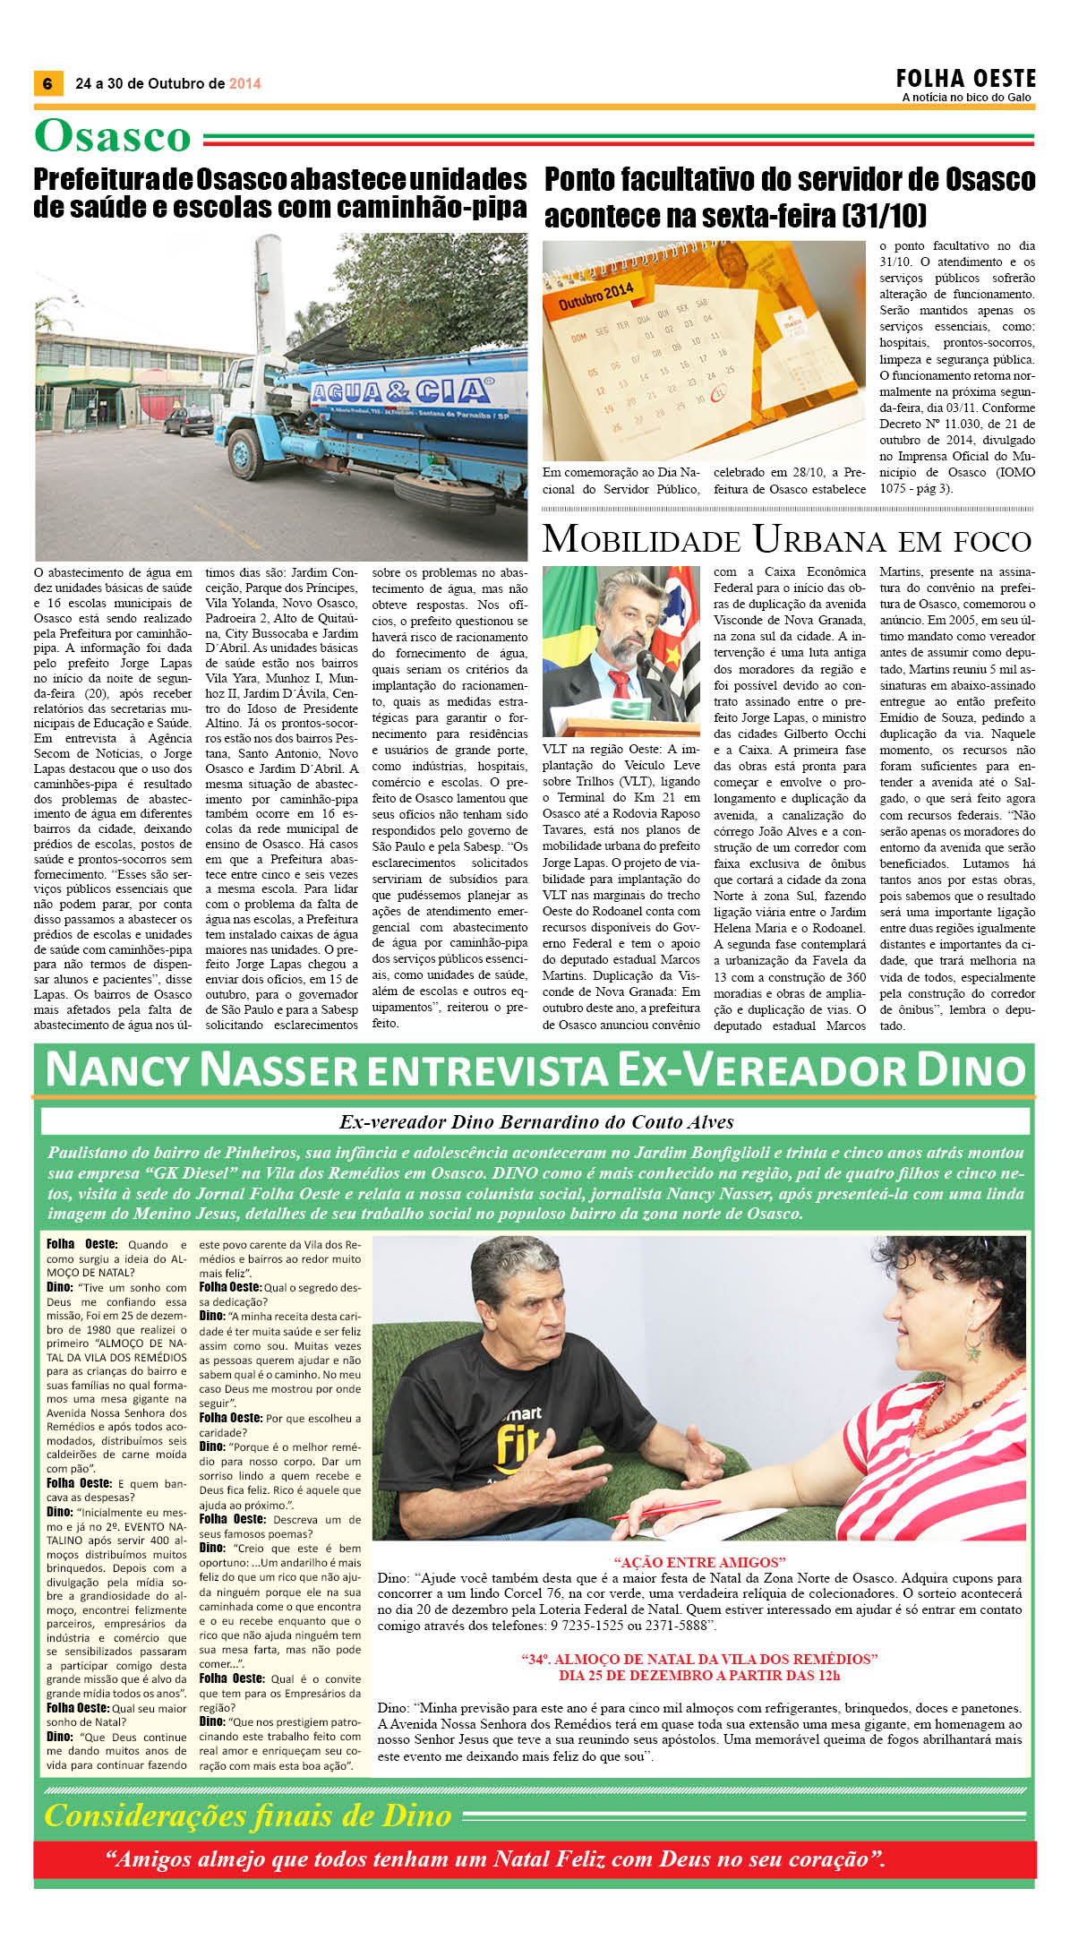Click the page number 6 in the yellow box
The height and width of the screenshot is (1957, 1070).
click(47, 83)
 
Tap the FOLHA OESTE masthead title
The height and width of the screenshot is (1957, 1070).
click(965, 78)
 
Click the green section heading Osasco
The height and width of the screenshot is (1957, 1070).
click(113, 136)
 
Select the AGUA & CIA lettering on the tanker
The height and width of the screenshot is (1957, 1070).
click(400, 391)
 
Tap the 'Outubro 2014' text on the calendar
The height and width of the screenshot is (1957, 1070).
click(595, 295)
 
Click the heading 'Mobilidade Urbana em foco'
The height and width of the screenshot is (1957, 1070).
click(787, 540)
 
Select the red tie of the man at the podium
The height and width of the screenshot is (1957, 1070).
click(620, 684)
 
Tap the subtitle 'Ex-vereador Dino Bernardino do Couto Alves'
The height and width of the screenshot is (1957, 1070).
click(535, 1121)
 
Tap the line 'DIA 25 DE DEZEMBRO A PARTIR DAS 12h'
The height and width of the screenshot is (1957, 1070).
click(699, 1675)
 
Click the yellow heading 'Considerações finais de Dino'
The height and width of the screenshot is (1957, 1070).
click(248, 1815)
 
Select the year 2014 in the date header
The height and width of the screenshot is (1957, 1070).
click(244, 83)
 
